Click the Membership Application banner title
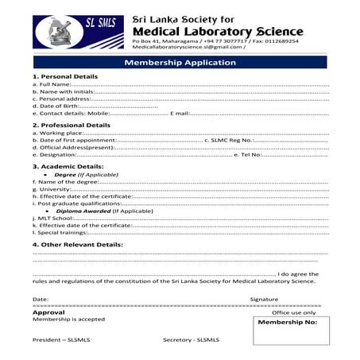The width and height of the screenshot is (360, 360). pyautogui.click(x=180, y=62)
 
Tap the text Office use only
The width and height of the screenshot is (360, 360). pyautogui.click(x=293, y=312)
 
